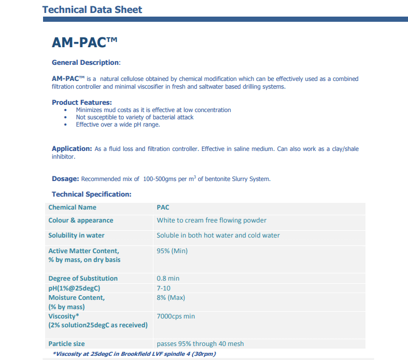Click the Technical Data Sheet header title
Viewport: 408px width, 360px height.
click(92, 9)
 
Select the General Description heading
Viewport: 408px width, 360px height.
click(86, 63)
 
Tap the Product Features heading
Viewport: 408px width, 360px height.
click(82, 102)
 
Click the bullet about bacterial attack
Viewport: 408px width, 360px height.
click(134, 117)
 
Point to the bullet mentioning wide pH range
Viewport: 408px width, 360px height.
click(118, 124)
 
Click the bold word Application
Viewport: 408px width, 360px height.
click(72, 149)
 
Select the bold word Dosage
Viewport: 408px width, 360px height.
click(65, 179)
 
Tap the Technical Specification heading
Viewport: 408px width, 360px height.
click(92, 195)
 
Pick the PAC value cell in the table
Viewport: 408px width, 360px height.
click(163, 207)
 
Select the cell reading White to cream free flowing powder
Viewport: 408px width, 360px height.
click(212, 220)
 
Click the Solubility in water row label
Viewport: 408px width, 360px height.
click(76, 236)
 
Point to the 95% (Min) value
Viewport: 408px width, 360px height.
click(172, 251)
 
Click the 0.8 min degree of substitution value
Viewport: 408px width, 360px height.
click(168, 279)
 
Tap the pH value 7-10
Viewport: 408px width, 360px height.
click(164, 288)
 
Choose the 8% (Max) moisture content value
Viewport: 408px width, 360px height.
click(171, 298)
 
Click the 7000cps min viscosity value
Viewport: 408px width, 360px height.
click(176, 316)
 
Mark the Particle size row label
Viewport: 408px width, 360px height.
click(66, 344)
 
